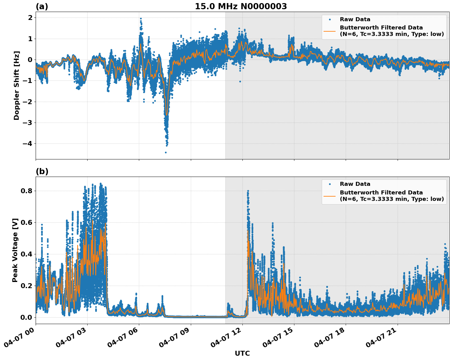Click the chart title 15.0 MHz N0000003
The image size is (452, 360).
tap(241, 6)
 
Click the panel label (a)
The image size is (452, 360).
tap(42, 6)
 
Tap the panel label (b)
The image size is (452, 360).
tap(42, 171)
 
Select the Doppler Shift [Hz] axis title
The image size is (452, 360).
tap(17, 85)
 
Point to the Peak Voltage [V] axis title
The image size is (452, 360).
tap(15, 250)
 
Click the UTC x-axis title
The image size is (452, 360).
tap(242, 353)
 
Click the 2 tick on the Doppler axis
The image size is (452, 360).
tap(30, 18)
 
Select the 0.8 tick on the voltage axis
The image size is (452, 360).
tap(26, 191)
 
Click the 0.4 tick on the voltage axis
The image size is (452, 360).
tap(26, 254)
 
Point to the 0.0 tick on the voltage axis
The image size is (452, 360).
tap(26, 317)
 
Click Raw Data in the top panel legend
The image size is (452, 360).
tap(355, 19)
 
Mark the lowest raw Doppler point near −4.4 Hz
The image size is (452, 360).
tap(166, 152)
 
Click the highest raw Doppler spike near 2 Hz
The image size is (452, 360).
tap(141, 18)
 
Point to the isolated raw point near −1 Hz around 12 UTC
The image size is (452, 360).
tap(240, 81)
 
